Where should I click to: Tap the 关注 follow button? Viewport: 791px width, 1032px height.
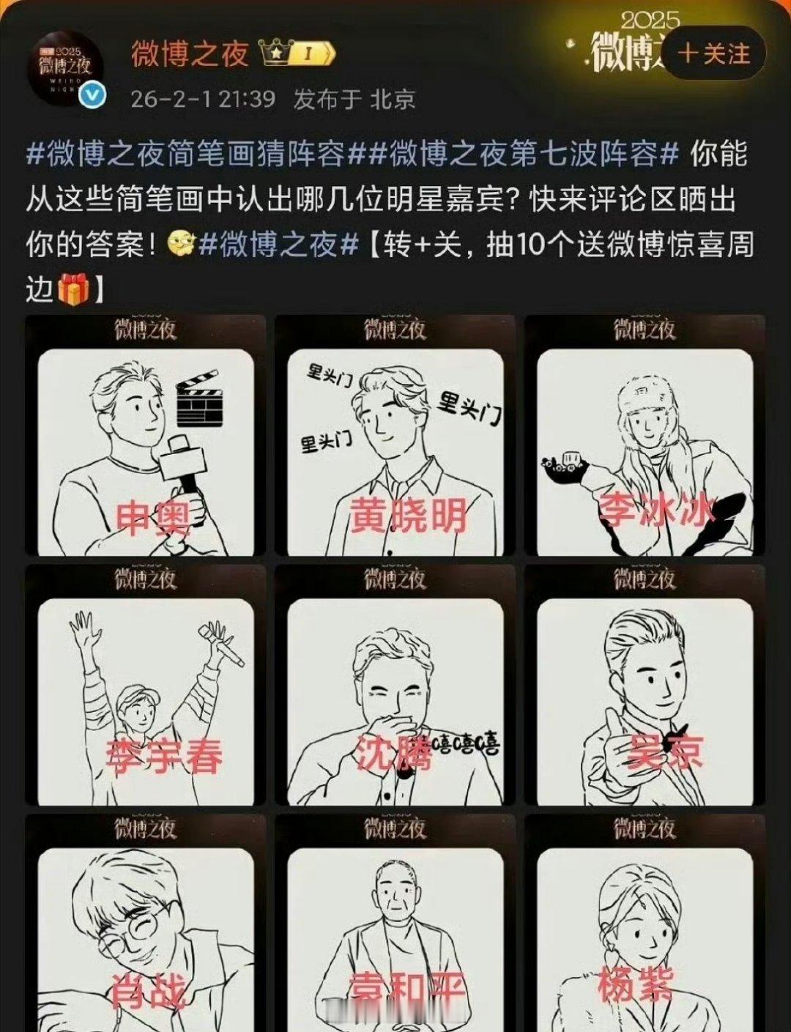coord(714,53)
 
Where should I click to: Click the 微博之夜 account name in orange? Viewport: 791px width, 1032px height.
coord(190,53)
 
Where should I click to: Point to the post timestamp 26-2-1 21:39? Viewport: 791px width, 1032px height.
coord(203,99)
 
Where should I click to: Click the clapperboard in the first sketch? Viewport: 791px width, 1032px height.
coord(199,401)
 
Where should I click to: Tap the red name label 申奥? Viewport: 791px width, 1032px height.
coord(153,517)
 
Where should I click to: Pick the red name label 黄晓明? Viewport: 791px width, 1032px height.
coord(407,516)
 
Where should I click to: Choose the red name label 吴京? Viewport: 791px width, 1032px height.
coord(665,751)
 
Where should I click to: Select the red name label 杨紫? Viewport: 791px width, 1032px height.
coord(635,984)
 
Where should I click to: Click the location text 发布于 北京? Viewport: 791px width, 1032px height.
coord(354,99)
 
